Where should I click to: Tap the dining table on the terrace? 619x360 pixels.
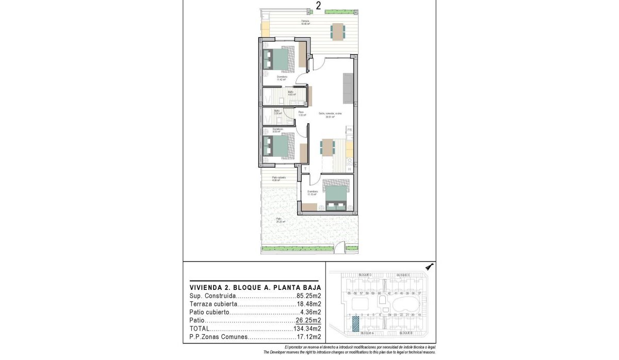[x=338, y=31]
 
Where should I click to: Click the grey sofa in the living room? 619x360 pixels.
[x=348, y=88]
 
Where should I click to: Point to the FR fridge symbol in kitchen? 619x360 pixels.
[x=349, y=130]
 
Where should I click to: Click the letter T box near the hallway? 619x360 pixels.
[x=305, y=168]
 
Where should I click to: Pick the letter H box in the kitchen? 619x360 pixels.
[x=349, y=169]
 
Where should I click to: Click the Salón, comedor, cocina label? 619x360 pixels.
[x=330, y=114]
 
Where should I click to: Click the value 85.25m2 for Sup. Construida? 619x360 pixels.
[x=308, y=297]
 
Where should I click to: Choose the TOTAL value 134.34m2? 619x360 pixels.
[x=307, y=329]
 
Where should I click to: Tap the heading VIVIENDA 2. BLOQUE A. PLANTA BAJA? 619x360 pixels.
[x=255, y=287]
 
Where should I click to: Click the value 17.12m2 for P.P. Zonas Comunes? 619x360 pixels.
[x=308, y=337]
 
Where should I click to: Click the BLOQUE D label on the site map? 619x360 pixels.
[x=366, y=275]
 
